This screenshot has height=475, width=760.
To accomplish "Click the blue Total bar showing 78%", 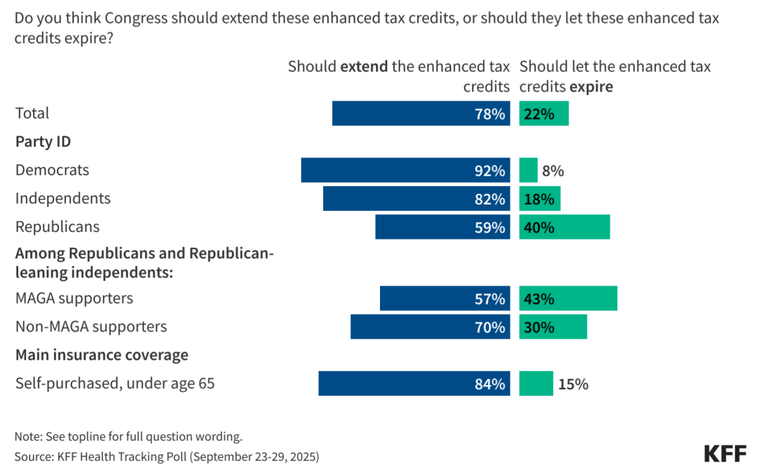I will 421,113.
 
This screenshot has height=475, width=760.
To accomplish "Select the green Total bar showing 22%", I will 544,113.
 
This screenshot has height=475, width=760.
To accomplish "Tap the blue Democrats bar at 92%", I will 405,170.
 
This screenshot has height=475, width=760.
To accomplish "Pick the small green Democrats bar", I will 528,170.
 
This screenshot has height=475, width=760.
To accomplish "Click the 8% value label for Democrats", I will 553,171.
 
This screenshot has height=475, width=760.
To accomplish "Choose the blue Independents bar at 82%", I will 417,199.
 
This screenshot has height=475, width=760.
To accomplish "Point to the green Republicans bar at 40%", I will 564,227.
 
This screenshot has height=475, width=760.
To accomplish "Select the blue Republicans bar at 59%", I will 443,227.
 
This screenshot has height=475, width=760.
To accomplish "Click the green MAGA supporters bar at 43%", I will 568,298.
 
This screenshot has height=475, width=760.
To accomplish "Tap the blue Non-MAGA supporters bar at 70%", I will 430,327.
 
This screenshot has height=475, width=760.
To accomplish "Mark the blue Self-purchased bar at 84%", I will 414,384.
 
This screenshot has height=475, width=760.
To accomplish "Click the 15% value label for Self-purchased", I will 573,384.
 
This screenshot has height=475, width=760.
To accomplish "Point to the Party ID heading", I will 43,141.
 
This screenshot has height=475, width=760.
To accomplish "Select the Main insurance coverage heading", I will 102,355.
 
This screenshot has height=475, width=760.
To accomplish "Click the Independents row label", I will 63,198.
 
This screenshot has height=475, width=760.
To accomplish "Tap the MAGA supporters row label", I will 74,298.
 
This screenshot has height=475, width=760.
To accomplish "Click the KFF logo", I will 725,453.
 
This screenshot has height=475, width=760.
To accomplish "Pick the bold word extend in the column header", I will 364,67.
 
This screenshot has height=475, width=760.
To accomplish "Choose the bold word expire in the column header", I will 591,87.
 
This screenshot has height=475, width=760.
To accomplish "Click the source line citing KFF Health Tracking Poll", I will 167,456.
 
